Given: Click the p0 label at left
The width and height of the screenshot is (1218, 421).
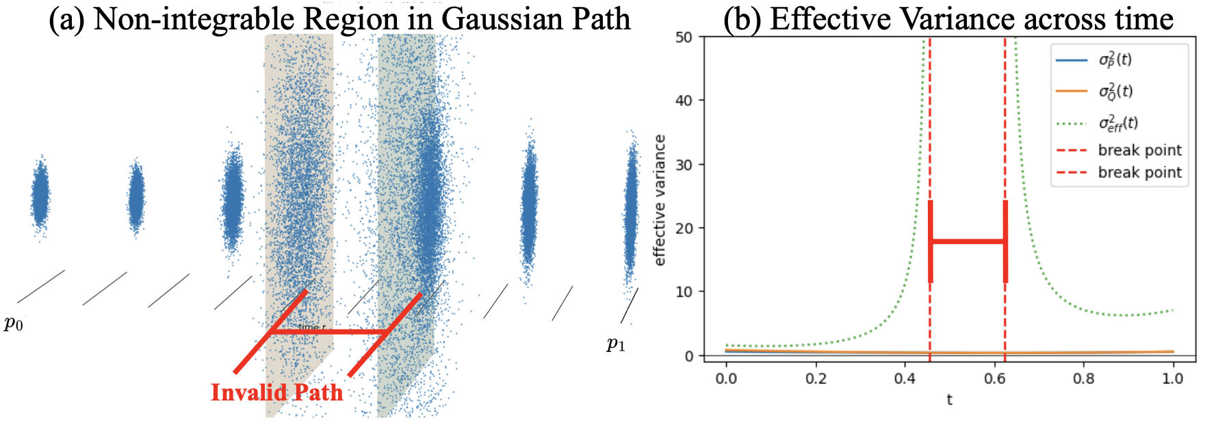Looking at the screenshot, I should click(14, 323).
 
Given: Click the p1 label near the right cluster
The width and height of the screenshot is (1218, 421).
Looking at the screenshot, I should click(616, 344).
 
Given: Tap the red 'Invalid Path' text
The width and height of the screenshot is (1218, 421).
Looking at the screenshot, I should click(276, 392).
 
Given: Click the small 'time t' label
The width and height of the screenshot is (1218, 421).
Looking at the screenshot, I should click(312, 327).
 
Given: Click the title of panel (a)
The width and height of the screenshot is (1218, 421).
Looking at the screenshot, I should click(339, 18).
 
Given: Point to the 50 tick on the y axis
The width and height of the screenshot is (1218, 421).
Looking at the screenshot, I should click(684, 38).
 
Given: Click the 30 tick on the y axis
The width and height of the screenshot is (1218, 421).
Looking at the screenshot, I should click(684, 165).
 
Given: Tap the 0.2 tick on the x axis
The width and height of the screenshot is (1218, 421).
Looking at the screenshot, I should click(816, 379).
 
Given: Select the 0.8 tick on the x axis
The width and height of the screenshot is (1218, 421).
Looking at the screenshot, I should click(1084, 379).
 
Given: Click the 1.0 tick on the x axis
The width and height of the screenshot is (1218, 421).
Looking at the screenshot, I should click(1173, 379).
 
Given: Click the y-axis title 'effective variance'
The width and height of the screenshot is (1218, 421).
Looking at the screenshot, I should click(660, 200).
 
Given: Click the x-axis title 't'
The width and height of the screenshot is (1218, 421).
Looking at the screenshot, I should click(949, 400).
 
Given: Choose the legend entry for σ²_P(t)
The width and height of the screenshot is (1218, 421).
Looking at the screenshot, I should click(1115, 59).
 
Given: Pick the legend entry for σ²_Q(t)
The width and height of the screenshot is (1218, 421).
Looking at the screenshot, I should click(1115, 91).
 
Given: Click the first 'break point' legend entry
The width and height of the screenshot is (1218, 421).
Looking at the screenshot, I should click(1139, 150).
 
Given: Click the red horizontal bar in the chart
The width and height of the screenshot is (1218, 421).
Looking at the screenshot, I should click(968, 241).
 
